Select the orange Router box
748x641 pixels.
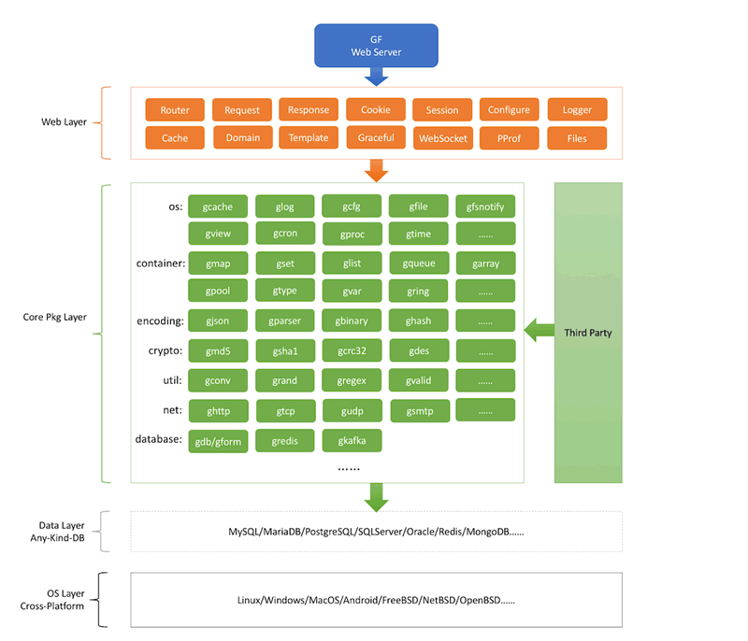coord(175,110)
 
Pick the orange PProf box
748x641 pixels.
coord(509,138)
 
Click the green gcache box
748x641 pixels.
coord(218,207)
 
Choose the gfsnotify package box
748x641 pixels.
coord(485,207)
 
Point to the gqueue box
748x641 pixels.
coord(419,264)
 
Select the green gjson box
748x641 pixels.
coord(218,321)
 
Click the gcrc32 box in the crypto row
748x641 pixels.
coord(352,351)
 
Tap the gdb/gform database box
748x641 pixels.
coord(218,440)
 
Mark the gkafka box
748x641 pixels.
coord(352,440)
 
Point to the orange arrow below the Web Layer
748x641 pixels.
coord(376,170)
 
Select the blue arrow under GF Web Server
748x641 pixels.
coord(376,78)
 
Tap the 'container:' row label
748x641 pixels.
coord(159,264)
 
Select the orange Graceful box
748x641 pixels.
coord(376,137)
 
